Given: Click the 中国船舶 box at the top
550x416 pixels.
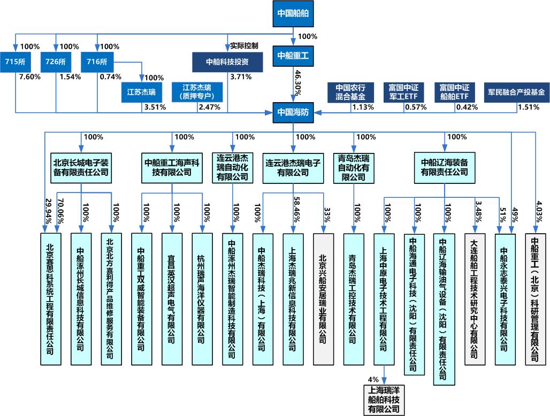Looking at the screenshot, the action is pyautogui.click(x=293, y=13).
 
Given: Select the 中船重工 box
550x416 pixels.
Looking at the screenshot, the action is pyautogui.click(x=293, y=56).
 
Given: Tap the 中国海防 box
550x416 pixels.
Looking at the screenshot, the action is pyautogui.click(x=293, y=112).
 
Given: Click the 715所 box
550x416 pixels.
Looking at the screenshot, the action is pyautogui.click(x=15, y=62).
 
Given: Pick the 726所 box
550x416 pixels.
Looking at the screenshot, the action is pyautogui.click(x=56, y=62).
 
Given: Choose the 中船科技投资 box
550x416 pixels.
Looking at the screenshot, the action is pyautogui.click(x=227, y=62).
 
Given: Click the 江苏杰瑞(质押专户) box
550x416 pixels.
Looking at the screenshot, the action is pyautogui.click(x=197, y=92).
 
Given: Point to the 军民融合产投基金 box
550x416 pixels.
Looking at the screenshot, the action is pyautogui.click(x=516, y=92).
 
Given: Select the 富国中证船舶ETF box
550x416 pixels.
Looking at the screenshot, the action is pyautogui.click(x=454, y=92).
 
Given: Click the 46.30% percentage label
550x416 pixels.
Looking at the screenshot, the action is pyautogui.click(x=297, y=83).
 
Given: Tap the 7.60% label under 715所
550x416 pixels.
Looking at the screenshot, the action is pyautogui.click(x=30, y=77).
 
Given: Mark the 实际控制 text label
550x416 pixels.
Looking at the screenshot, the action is pyautogui.click(x=244, y=45).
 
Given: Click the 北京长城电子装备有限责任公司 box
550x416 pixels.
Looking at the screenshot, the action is pyautogui.click(x=81, y=167).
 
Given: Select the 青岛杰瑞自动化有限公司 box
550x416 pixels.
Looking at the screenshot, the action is pyautogui.click(x=354, y=167).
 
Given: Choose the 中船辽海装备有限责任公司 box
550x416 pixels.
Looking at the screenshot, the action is pyautogui.click(x=445, y=167).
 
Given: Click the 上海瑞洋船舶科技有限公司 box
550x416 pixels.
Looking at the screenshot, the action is pyautogui.click(x=384, y=400).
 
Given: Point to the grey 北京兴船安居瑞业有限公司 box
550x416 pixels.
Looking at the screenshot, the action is pyautogui.click(x=323, y=299).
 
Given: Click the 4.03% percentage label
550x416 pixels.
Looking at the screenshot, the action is pyautogui.click(x=539, y=212).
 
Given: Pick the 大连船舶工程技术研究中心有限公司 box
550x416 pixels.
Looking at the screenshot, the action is pyautogui.click(x=475, y=299).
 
